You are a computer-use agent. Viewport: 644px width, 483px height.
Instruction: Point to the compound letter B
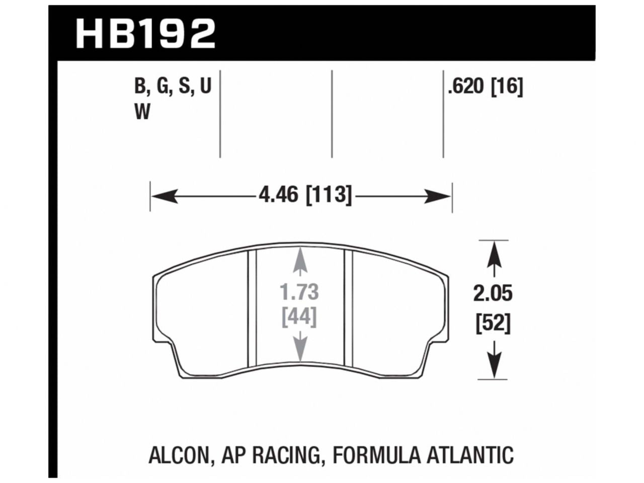pyautogui.click(x=139, y=88)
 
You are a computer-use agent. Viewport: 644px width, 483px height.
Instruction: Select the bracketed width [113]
pyautogui.click(x=328, y=194)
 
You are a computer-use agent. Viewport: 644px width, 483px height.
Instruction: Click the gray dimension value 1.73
pyautogui.click(x=300, y=292)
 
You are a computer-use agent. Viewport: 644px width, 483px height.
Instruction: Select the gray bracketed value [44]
pyautogui.click(x=300, y=317)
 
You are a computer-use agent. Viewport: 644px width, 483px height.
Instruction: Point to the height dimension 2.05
pyautogui.click(x=493, y=293)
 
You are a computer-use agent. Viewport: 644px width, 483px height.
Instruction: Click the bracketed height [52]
pyautogui.click(x=493, y=324)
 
